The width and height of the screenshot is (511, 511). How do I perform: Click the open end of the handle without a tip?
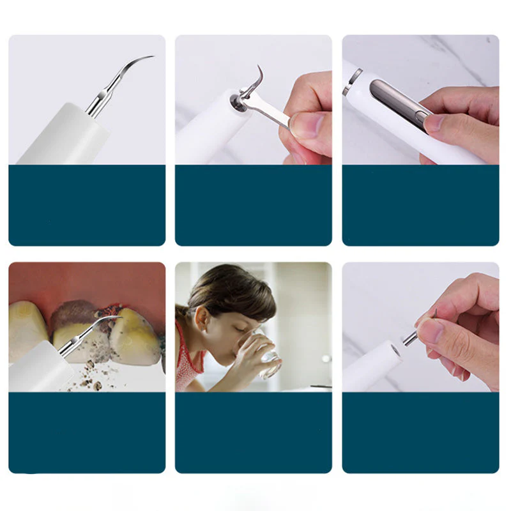[394, 349]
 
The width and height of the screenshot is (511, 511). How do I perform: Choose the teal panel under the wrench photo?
[254, 205]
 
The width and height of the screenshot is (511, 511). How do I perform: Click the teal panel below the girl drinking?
[254, 432]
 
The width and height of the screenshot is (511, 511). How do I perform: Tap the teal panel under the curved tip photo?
[87, 205]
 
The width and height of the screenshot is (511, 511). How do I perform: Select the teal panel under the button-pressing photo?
[420, 205]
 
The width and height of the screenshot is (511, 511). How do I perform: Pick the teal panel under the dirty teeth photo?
[87, 432]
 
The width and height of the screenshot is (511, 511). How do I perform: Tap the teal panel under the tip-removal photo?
[420, 432]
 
